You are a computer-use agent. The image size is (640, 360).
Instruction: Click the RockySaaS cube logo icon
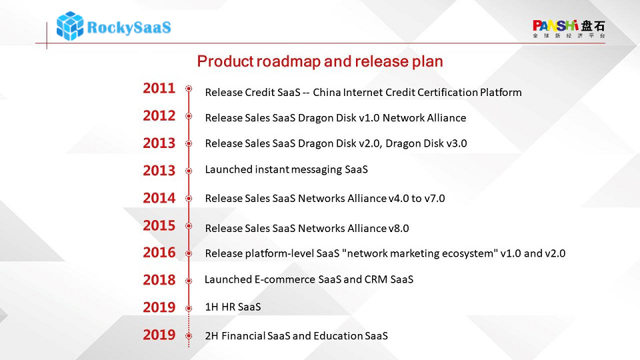point(70,26)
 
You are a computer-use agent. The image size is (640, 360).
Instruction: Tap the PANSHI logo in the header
point(569,29)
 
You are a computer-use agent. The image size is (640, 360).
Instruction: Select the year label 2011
point(159,88)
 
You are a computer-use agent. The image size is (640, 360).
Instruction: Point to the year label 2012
point(159,116)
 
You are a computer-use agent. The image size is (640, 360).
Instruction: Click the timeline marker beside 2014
point(189,199)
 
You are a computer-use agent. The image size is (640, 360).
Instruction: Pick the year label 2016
point(159,253)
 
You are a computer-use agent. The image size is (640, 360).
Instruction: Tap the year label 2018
point(159,280)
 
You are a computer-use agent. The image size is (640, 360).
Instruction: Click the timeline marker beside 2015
point(189,226)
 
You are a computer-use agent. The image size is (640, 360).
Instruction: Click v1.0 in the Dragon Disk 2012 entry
point(369,118)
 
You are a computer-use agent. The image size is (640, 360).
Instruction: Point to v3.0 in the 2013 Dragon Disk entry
point(457,144)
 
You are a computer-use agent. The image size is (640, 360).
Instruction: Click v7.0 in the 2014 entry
point(435,199)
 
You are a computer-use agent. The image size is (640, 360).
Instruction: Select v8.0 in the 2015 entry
point(399,229)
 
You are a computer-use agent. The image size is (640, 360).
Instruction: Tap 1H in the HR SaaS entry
point(211,307)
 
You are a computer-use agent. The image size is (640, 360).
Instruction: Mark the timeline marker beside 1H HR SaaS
point(189,308)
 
